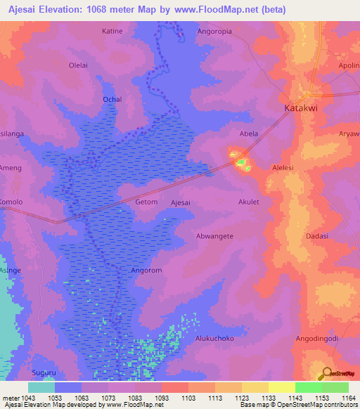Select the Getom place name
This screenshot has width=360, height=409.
146,202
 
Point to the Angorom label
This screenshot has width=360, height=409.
147,270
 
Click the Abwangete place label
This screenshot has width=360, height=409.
214,236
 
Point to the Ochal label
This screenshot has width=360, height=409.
112,100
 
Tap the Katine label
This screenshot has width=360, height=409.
112,32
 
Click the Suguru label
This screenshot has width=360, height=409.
44,372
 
